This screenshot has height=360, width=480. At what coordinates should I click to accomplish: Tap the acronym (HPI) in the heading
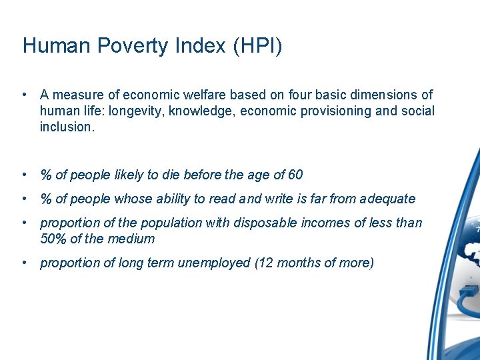click(257, 46)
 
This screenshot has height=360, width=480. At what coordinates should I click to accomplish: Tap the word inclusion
click(67, 127)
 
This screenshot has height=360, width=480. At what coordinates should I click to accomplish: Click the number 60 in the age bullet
click(295, 175)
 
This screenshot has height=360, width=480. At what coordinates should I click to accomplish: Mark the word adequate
click(387, 199)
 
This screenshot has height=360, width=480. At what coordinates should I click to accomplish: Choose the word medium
click(133, 239)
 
